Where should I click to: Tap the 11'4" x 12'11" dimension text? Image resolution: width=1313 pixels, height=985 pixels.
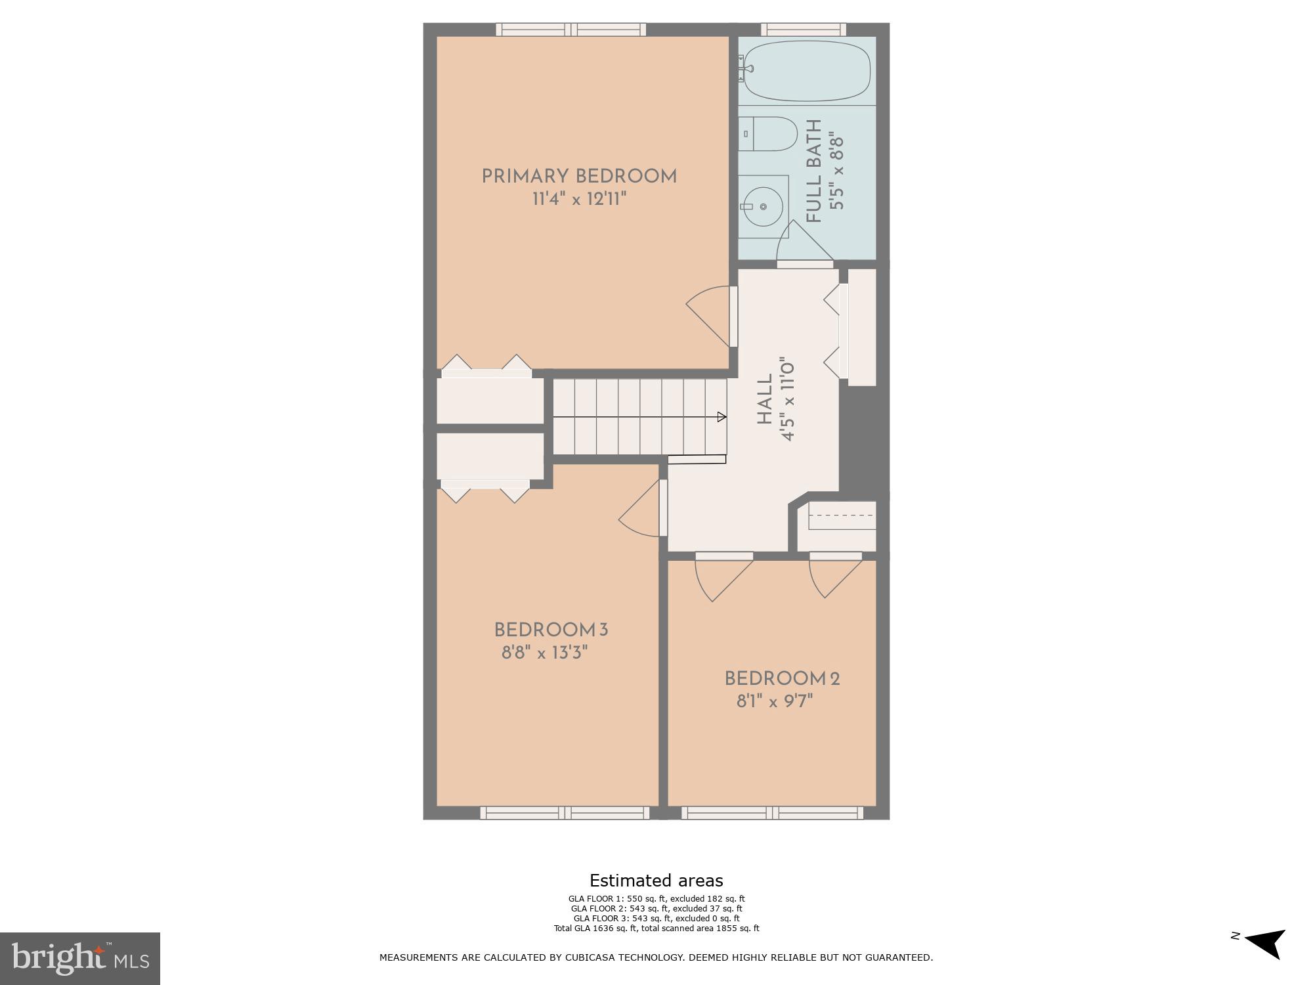click(579, 199)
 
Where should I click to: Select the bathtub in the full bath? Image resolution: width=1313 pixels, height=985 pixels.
click(807, 71)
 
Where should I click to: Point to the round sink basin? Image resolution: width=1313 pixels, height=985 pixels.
click(764, 206)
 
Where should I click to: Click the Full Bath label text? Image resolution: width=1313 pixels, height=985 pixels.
click(814, 171)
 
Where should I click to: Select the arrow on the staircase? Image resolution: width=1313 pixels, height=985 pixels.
click(721, 417)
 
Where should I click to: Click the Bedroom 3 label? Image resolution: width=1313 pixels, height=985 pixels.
click(551, 630)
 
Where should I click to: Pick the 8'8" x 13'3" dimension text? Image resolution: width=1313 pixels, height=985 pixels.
click(544, 653)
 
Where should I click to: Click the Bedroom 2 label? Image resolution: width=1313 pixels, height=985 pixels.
click(782, 679)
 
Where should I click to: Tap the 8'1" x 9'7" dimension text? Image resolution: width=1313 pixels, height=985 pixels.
click(775, 701)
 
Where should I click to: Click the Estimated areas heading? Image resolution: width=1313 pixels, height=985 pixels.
click(656, 881)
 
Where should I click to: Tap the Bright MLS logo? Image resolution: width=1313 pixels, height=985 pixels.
click(80, 958)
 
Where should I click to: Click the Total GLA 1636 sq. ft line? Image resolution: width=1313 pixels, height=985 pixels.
click(656, 929)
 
